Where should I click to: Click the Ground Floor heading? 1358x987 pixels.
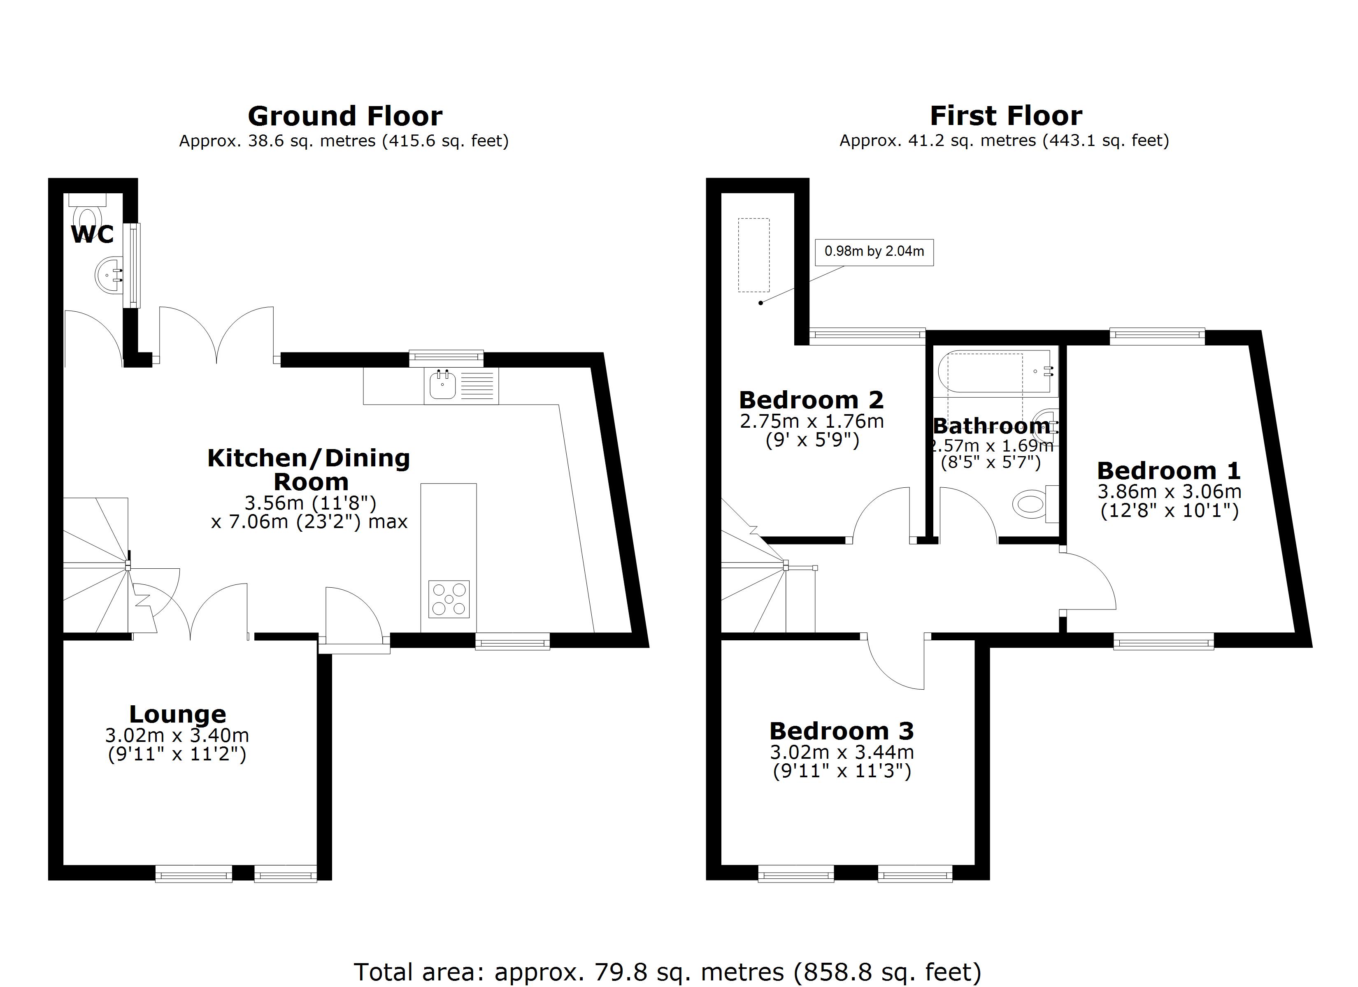[x=345, y=116]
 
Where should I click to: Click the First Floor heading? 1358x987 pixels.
[x=1005, y=116]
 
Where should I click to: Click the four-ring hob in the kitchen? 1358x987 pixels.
[x=449, y=598]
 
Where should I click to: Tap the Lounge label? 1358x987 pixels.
[x=177, y=714]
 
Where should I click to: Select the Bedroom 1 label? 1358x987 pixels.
[x=1168, y=471]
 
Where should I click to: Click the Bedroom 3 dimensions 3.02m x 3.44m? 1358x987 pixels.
[x=841, y=752]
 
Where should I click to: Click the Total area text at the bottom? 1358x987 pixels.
[x=667, y=972]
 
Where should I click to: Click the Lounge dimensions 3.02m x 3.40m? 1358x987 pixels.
[x=177, y=735]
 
